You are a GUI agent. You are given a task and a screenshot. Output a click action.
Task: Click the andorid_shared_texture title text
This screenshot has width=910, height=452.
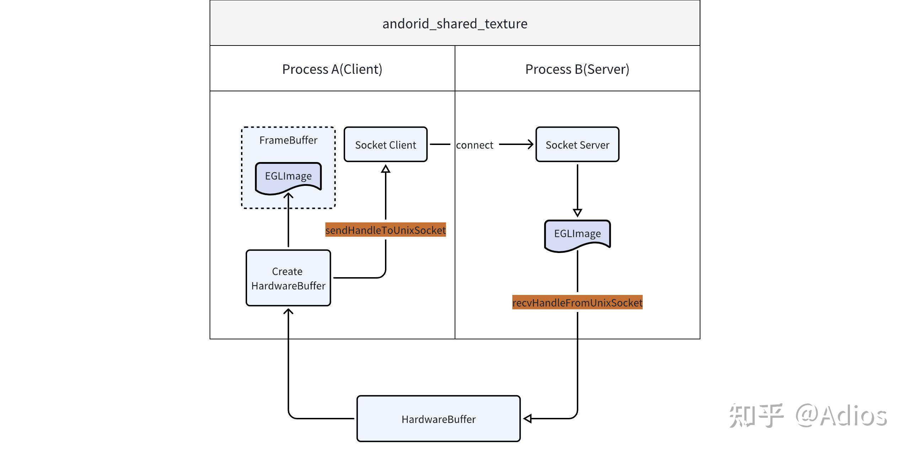(455, 24)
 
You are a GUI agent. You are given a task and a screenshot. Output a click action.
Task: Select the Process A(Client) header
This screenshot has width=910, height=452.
(332, 69)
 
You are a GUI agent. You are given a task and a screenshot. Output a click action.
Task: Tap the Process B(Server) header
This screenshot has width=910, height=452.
(577, 69)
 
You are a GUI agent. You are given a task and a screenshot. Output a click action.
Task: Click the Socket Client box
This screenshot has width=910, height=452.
(385, 145)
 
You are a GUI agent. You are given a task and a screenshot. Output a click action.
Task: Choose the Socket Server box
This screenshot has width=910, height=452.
(577, 145)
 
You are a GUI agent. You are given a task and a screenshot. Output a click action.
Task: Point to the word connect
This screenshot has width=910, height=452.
(474, 145)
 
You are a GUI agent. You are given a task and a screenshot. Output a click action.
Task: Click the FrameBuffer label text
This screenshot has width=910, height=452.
(288, 140)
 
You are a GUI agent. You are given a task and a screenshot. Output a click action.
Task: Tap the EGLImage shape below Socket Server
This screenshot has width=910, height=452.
(577, 234)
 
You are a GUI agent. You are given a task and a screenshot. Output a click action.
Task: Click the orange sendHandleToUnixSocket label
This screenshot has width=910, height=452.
(385, 230)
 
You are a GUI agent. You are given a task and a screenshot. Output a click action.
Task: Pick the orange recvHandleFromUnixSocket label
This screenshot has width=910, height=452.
(577, 303)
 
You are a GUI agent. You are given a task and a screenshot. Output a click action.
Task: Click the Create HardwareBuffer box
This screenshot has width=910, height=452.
(288, 278)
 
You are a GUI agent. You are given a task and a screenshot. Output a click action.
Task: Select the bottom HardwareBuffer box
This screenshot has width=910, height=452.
(438, 419)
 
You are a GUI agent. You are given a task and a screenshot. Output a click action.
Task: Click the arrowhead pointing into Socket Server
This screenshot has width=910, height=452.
(530, 144)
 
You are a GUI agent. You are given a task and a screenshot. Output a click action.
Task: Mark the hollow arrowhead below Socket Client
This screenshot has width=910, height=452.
(386, 169)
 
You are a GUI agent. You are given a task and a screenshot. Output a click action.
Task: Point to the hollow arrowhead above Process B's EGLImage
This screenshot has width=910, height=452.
(577, 212)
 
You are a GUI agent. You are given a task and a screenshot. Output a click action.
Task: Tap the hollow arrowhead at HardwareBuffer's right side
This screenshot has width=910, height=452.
(528, 419)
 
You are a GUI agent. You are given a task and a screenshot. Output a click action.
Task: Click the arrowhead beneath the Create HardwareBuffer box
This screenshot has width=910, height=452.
(288, 312)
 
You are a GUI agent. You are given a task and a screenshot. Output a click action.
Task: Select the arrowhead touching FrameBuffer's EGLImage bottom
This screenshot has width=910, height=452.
(288, 196)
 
